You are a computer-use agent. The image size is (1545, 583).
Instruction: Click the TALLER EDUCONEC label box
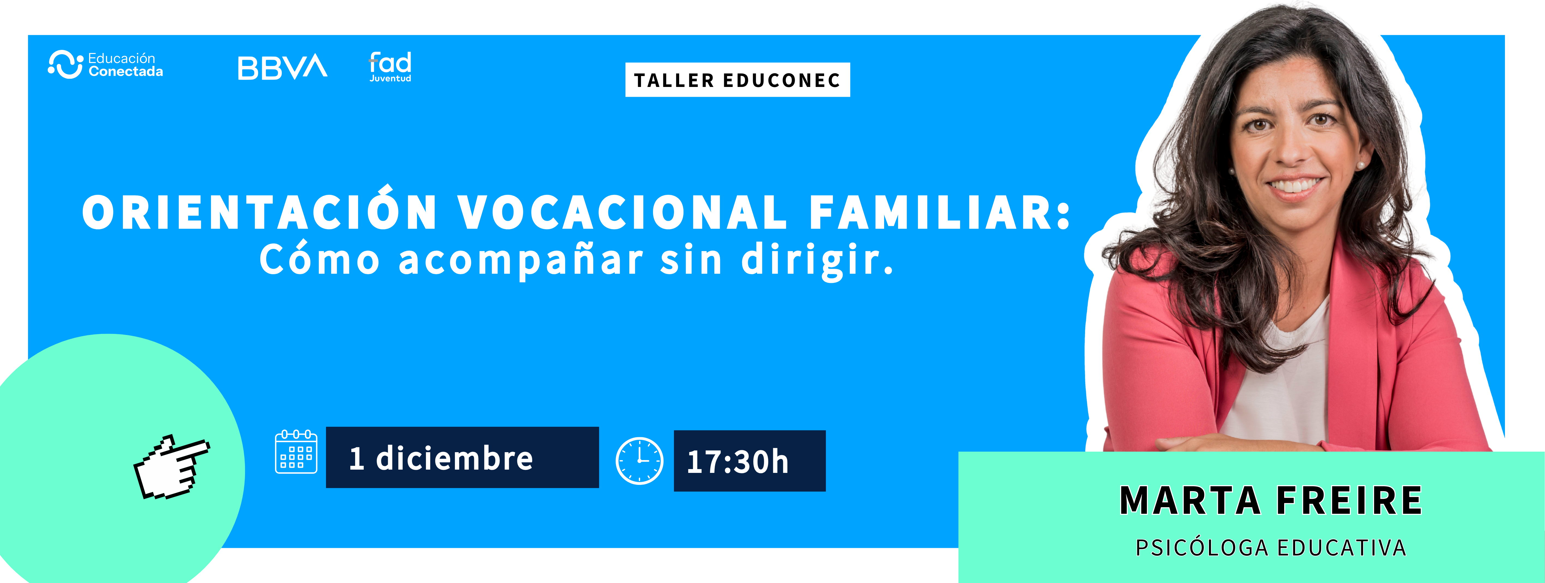pyautogui.click(x=737, y=80)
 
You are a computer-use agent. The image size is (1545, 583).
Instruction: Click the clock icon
pyautogui.click(x=639, y=461)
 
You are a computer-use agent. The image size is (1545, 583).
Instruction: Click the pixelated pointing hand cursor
pyautogui.click(x=171, y=467)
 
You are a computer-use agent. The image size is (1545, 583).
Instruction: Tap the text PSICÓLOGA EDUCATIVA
pyautogui.click(x=1271, y=548)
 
